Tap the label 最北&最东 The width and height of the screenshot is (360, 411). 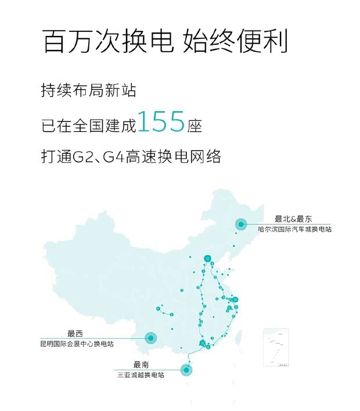point(293,219)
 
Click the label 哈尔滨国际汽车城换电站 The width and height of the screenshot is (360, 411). point(295,230)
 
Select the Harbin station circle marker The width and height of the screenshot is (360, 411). point(240,224)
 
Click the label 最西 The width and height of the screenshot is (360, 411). point(75,333)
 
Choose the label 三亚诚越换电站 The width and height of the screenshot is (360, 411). point(141,375)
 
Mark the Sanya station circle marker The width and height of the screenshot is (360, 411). point(186,369)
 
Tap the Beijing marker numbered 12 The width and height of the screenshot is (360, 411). point(207,259)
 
